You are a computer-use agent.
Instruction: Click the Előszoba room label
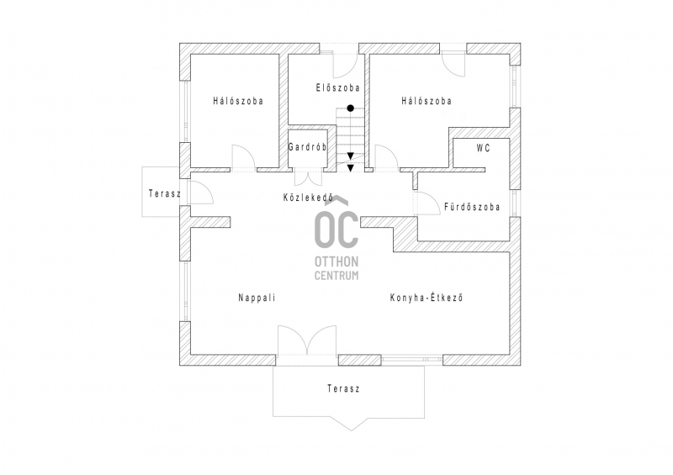[338, 88]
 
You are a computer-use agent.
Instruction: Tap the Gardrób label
[307, 147]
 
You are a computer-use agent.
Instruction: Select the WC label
[483, 149]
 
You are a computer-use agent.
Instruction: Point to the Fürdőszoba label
[472, 207]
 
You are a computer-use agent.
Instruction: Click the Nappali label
[257, 298]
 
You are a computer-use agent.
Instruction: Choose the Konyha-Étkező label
[427, 298]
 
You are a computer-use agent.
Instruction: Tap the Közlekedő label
[308, 198]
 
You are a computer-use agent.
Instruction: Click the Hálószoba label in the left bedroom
[238, 101]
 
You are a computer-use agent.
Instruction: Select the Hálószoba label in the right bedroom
[427, 101]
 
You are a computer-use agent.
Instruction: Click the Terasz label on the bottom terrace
[343, 388]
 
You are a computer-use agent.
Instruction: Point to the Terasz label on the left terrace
[165, 193]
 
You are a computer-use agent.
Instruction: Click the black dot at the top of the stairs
[351, 108]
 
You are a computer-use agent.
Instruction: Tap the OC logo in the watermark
[336, 223]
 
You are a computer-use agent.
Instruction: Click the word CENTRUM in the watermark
[336, 276]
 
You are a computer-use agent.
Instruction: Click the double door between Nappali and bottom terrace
[307, 340]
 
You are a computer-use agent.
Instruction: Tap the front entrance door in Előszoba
[345, 66]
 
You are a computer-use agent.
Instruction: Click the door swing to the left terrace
[201, 192]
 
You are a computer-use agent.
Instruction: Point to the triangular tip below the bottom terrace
[352, 430]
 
